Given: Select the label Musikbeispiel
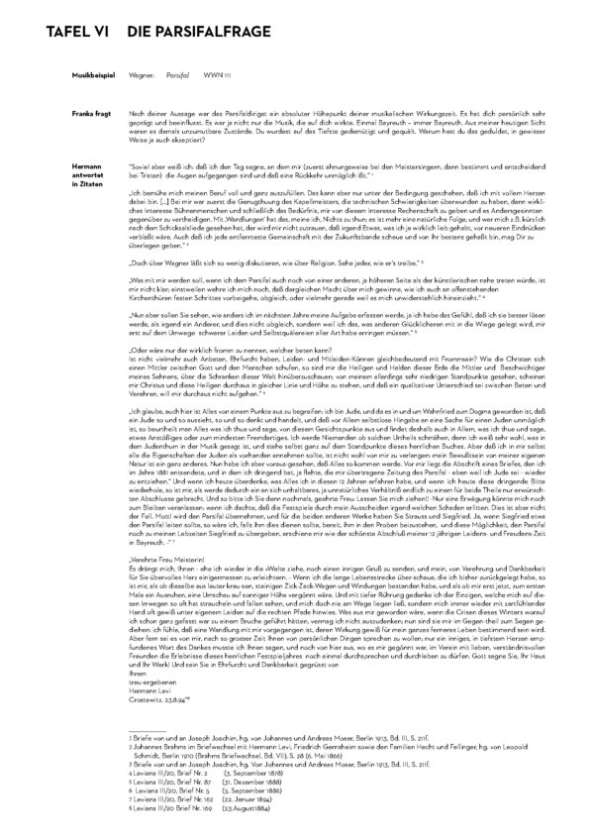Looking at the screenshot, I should (x=90, y=75).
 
